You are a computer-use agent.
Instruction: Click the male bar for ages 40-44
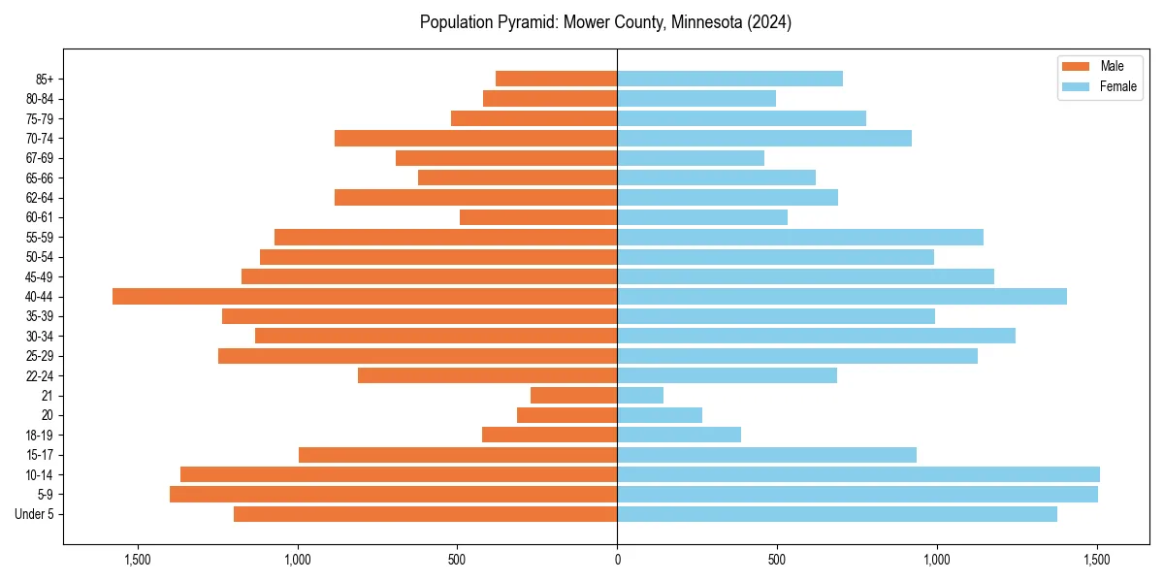pos(365,297)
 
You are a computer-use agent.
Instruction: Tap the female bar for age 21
pos(640,396)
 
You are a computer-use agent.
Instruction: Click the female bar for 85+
pos(729,79)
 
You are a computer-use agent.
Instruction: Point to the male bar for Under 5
pos(425,514)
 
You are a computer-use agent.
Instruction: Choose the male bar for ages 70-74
pos(475,139)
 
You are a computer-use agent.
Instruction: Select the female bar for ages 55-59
pos(800,238)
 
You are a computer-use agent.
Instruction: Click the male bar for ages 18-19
pos(549,436)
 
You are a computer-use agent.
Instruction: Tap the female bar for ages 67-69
pos(691,158)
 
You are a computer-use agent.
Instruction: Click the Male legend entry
pos(1098,66)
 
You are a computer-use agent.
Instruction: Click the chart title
pos(605,22)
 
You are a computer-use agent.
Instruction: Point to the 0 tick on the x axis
pos(617,560)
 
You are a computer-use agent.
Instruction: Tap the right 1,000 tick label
pos(937,560)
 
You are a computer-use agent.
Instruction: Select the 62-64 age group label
pos(40,198)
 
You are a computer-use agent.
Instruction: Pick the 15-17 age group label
pos(40,455)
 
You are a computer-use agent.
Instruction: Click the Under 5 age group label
pos(35,514)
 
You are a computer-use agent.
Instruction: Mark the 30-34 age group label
pos(40,337)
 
